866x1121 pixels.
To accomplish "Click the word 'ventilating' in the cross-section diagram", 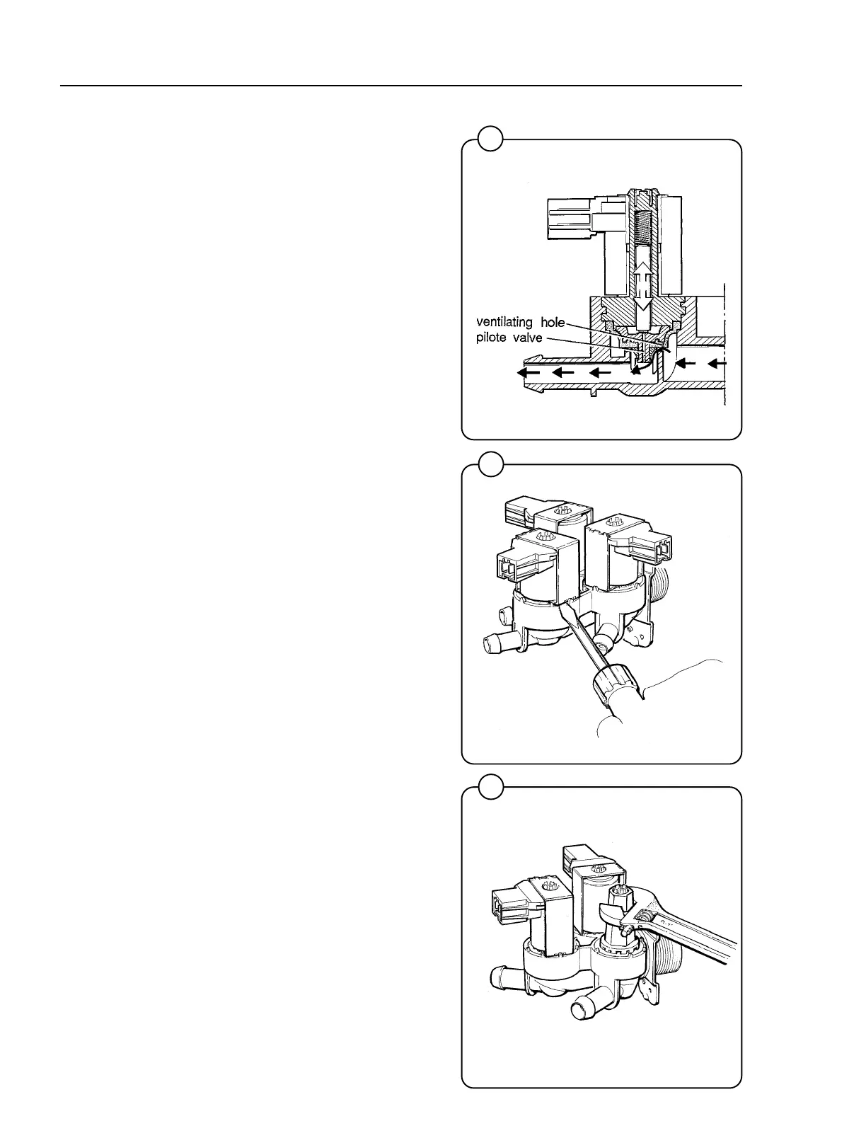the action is point(503,323).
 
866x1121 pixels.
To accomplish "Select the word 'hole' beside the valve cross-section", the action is point(550,323).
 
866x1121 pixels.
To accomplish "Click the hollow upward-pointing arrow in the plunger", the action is point(642,271).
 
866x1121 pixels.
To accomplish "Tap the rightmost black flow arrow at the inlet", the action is point(717,364).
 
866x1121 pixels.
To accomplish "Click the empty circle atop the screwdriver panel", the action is point(490,464).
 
